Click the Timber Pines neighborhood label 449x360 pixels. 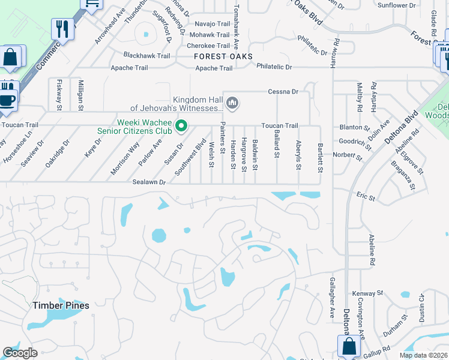pos(61,305)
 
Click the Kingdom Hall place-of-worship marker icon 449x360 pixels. pos(232,104)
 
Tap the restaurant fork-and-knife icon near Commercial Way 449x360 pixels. pos(62,28)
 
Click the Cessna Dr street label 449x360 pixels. pos(283,92)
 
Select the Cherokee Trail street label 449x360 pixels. pos(208,46)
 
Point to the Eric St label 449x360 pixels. pos(366,197)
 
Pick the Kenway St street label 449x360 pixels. pos(368,293)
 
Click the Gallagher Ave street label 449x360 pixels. pos(332,298)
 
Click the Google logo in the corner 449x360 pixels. pos(20,353)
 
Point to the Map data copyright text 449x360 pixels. pos(423,355)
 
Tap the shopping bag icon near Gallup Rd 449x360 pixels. pos(349,346)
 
